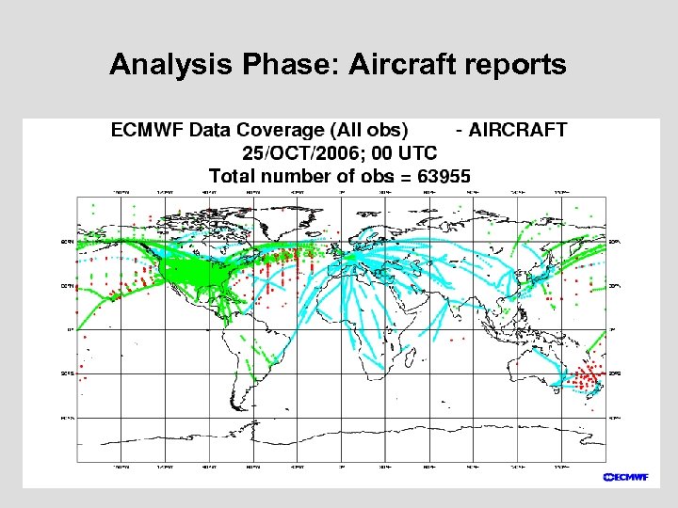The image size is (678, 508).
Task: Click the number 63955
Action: click(438, 175)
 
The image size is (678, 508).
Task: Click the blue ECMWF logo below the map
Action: click(625, 476)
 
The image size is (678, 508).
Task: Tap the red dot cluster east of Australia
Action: click(589, 378)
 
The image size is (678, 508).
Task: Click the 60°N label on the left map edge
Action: click(68, 242)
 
